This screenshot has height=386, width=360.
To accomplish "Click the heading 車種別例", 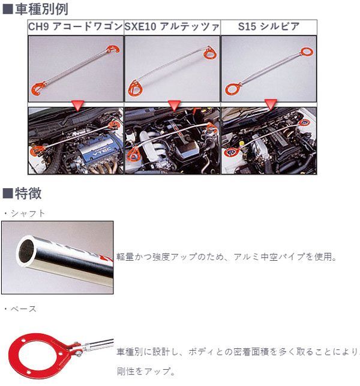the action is click(x=41, y=10).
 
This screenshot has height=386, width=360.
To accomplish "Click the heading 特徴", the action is click(x=28, y=194).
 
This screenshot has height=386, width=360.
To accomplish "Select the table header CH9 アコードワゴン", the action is click(x=76, y=26).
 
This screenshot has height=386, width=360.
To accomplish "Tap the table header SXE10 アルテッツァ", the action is click(x=172, y=26).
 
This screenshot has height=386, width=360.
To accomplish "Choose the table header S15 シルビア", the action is click(x=269, y=26).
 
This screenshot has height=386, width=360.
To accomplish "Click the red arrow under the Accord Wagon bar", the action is click(x=77, y=105).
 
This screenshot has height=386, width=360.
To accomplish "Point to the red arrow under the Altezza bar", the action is click(x=174, y=105).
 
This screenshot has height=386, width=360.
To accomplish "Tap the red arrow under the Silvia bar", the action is click(x=271, y=104).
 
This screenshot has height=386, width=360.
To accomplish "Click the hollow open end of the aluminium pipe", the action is click(x=26, y=251).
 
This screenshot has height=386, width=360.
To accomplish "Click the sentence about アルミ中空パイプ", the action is click(x=226, y=257).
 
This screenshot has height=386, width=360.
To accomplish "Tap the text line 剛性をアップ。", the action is click(x=146, y=371).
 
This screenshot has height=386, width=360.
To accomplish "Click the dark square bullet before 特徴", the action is click(x=8, y=194).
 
